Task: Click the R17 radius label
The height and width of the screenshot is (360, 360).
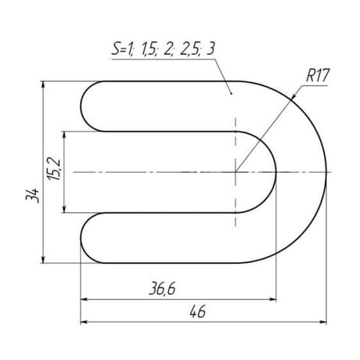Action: (x=318, y=75)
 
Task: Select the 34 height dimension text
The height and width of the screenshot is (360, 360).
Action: (x=32, y=195)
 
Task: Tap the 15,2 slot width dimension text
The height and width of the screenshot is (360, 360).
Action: (x=54, y=169)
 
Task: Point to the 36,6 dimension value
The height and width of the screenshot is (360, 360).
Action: (x=162, y=289)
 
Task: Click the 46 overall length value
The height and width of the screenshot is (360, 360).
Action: (x=198, y=311)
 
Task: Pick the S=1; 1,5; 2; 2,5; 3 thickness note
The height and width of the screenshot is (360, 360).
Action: (x=164, y=49)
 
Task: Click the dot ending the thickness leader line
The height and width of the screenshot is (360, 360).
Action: (x=231, y=93)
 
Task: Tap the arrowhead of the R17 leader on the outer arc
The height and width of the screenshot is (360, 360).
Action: (x=293, y=97)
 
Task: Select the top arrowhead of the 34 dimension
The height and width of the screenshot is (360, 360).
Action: (x=43, y=85)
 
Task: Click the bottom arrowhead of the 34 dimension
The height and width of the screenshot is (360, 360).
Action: (x=43, y=260)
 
